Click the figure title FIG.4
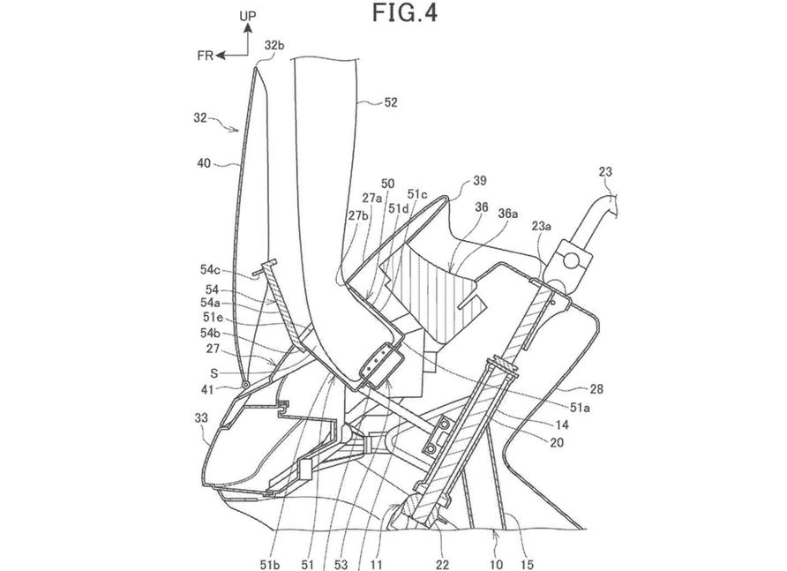[x=405, y=12]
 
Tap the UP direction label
[x=247, y=16]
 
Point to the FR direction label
[x=206, y=56]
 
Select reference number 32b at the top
[x=274, y=45]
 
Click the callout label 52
[x=391, y=102]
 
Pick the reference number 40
[x=205, y=162]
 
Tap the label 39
[x=480, y=181]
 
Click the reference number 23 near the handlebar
[x=605, y=172]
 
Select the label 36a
[x=508, y=214]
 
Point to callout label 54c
[x=210, y=270]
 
